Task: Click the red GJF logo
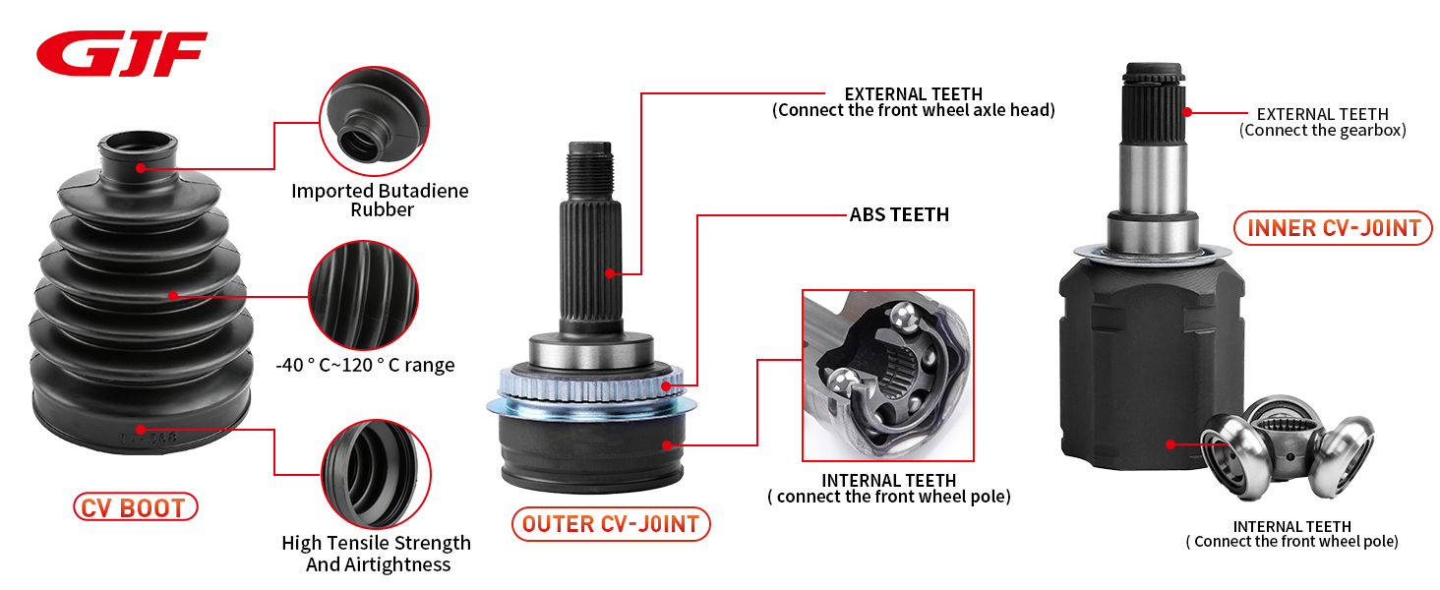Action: (121, 53)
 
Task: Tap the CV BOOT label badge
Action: (135, 507)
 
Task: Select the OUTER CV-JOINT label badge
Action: (610, 523)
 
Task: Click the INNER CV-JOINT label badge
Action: (1333, 228)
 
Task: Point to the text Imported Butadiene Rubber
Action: (380, 200)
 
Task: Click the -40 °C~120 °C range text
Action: (365, 365)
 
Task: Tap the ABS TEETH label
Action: (899, 214)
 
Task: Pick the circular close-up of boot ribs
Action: (363, 294)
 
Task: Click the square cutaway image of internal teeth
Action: (887, 376)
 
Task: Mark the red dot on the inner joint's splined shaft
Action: (1187, 112)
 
